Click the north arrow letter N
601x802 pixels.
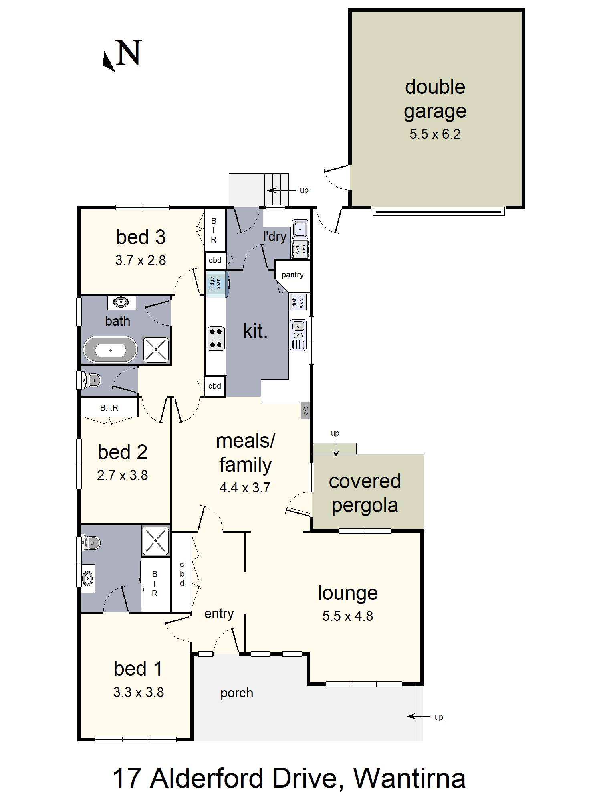point(129,53)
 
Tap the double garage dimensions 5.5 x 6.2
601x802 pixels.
point(435,134)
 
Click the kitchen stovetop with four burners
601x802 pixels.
point(216,339)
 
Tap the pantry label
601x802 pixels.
point(292,275)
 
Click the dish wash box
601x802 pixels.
point(298,302)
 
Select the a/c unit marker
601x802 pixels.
point(305,410)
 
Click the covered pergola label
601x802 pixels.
point(365,493)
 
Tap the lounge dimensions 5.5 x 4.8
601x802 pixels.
point(347,616)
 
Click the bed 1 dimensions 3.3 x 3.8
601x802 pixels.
point(138,692)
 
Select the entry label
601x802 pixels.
point(219,614)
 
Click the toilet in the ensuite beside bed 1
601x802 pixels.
point(90,543)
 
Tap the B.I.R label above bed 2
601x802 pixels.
point(109,408)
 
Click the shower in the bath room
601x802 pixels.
point(156,350)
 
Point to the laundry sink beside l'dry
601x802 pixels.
point(300,229)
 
